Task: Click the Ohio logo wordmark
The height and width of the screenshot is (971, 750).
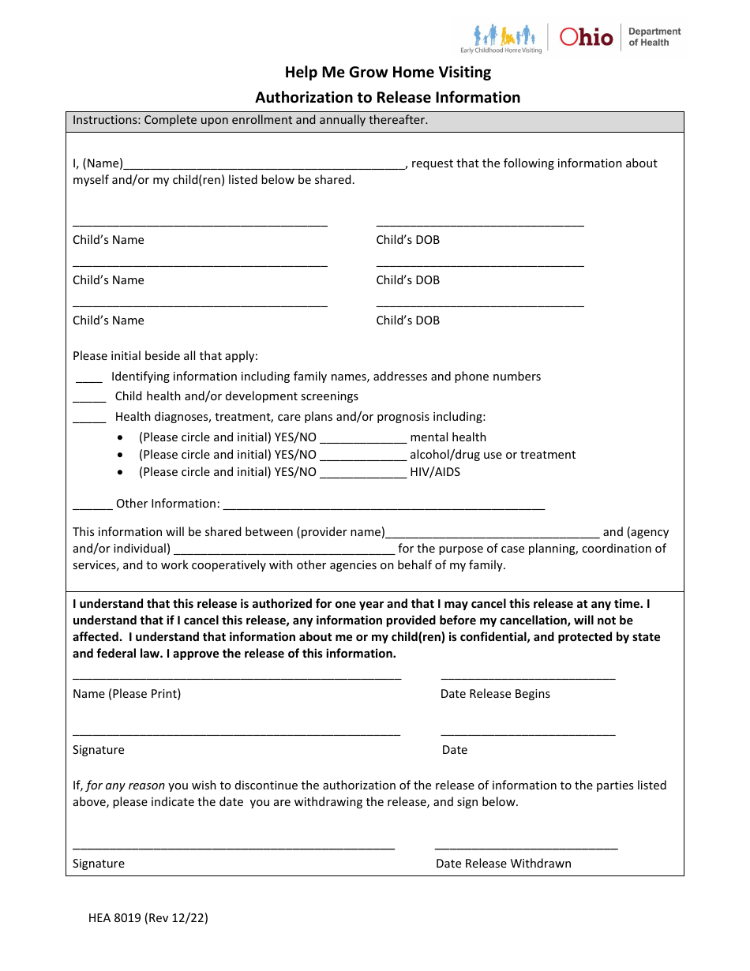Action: coord(586,36)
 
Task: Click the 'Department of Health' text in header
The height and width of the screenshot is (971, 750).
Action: coord(654,37)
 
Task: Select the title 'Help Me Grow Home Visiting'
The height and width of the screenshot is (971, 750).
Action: coord(388,73)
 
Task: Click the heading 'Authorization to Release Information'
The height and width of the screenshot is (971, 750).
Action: coord(388,98)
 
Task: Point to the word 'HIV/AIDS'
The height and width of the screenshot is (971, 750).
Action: coord(435,473)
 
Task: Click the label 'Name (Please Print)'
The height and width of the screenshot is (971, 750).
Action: coord(126,694)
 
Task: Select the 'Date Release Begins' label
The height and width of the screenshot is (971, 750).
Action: coord(495,694)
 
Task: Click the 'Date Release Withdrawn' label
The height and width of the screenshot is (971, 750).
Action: coord(504,864)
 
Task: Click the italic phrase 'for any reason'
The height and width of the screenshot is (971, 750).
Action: coord(126,785)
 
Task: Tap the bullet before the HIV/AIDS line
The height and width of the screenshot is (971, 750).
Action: coord(120,473)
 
